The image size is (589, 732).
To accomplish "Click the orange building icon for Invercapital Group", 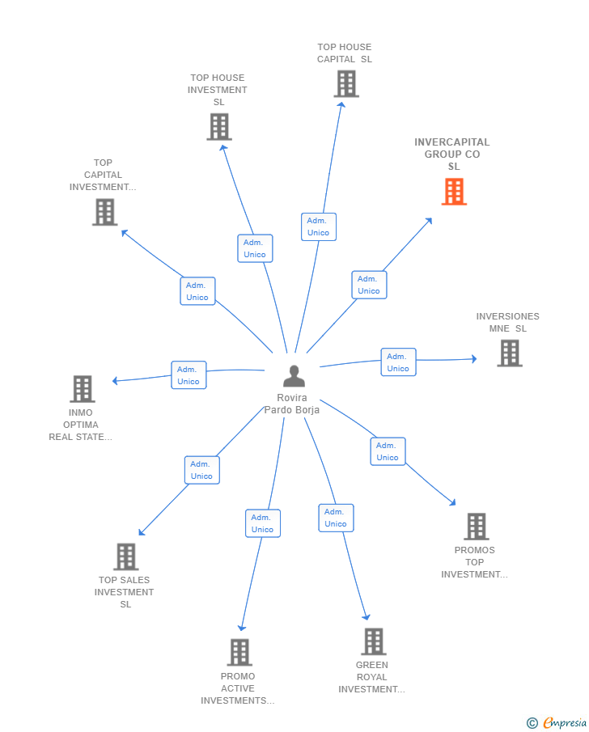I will pyautogui.click(x=454, y=192).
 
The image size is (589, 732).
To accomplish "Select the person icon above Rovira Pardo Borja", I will pyautogui.click(x=294, y=376).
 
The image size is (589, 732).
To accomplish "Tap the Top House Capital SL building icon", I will pyautogui.click(x=345, y=83).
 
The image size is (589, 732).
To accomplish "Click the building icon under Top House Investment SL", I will pyautogui.click(x=218, y=127).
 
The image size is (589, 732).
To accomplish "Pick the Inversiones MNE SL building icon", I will pyautogui.click(x=509, y=353).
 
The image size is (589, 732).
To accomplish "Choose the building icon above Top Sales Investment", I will pyautogui.click(x=125, y=556).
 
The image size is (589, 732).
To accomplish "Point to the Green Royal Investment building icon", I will pyautogui.click(x=373, y=641).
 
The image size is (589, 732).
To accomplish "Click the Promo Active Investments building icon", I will pyautogui.click(x=239, y=652).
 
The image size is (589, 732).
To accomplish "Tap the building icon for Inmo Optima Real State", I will pyautogui.click(x=82, y=389).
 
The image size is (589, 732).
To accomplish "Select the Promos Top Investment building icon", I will pyautogui.click(x=476, y=527).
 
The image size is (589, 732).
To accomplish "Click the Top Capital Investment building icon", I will pyautogui.click(x=104, y=212).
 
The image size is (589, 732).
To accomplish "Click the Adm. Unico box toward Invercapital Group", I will pyautogui.click(x=369, y=285).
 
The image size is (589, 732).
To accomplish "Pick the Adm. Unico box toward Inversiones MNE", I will pyautogui.click(x=398, y=362).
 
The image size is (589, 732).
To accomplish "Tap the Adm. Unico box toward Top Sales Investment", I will pyautogui.click(x=201, y=470).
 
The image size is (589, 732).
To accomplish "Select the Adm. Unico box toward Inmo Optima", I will pyautogui.click(x=189, y=375).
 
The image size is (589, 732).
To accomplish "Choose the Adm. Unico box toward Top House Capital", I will pyautogui.click(x=318, y=226).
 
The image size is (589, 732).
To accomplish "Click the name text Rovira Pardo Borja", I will pyautogui.click(x=292, y=404).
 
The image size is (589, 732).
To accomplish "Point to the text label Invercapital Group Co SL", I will pyautogui.click(x=452, y=154).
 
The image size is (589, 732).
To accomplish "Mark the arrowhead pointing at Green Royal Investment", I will pyautogui.click(x=367, y=617).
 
